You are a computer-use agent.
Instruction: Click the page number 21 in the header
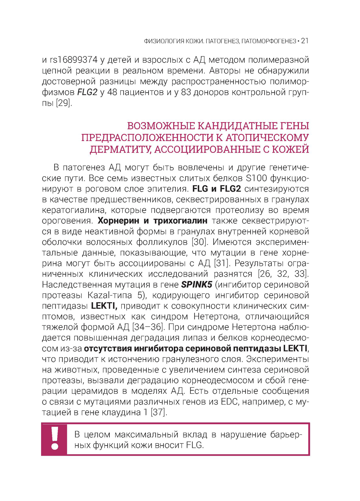305,41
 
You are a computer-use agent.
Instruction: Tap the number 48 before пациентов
112,92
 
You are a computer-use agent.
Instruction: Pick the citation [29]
64,103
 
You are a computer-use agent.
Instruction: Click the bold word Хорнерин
118,220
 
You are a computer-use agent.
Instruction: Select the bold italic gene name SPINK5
197,284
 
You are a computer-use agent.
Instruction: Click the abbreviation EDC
229,402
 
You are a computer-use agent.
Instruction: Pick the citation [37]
159,412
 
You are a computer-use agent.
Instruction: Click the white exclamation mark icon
55,439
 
